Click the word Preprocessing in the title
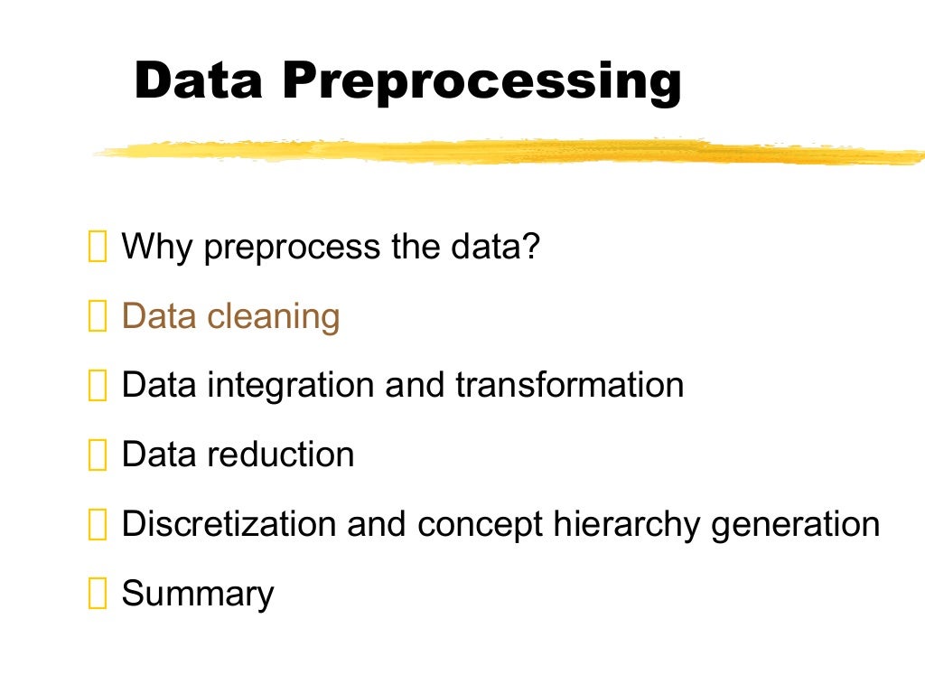[481, 81]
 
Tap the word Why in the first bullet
[157, 247]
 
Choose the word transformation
[569, 385]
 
